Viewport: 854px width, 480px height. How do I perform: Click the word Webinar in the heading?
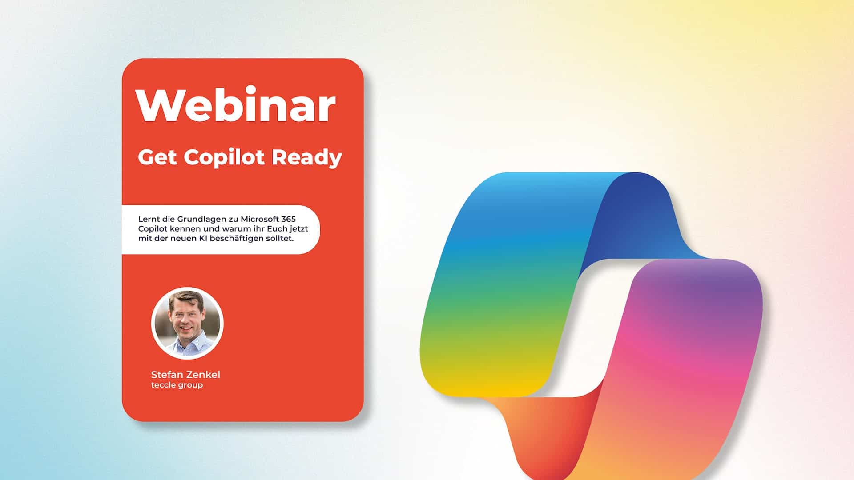[x=236, y=105]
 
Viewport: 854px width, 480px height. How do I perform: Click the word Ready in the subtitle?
[x=306, y=158]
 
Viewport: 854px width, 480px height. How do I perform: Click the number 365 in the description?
[x=287, y=219]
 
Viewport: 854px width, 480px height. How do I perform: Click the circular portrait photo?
[x=187, y=323]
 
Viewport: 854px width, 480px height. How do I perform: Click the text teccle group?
[x=177, y=385]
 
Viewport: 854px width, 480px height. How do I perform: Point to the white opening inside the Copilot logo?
[x=583, y=329]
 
